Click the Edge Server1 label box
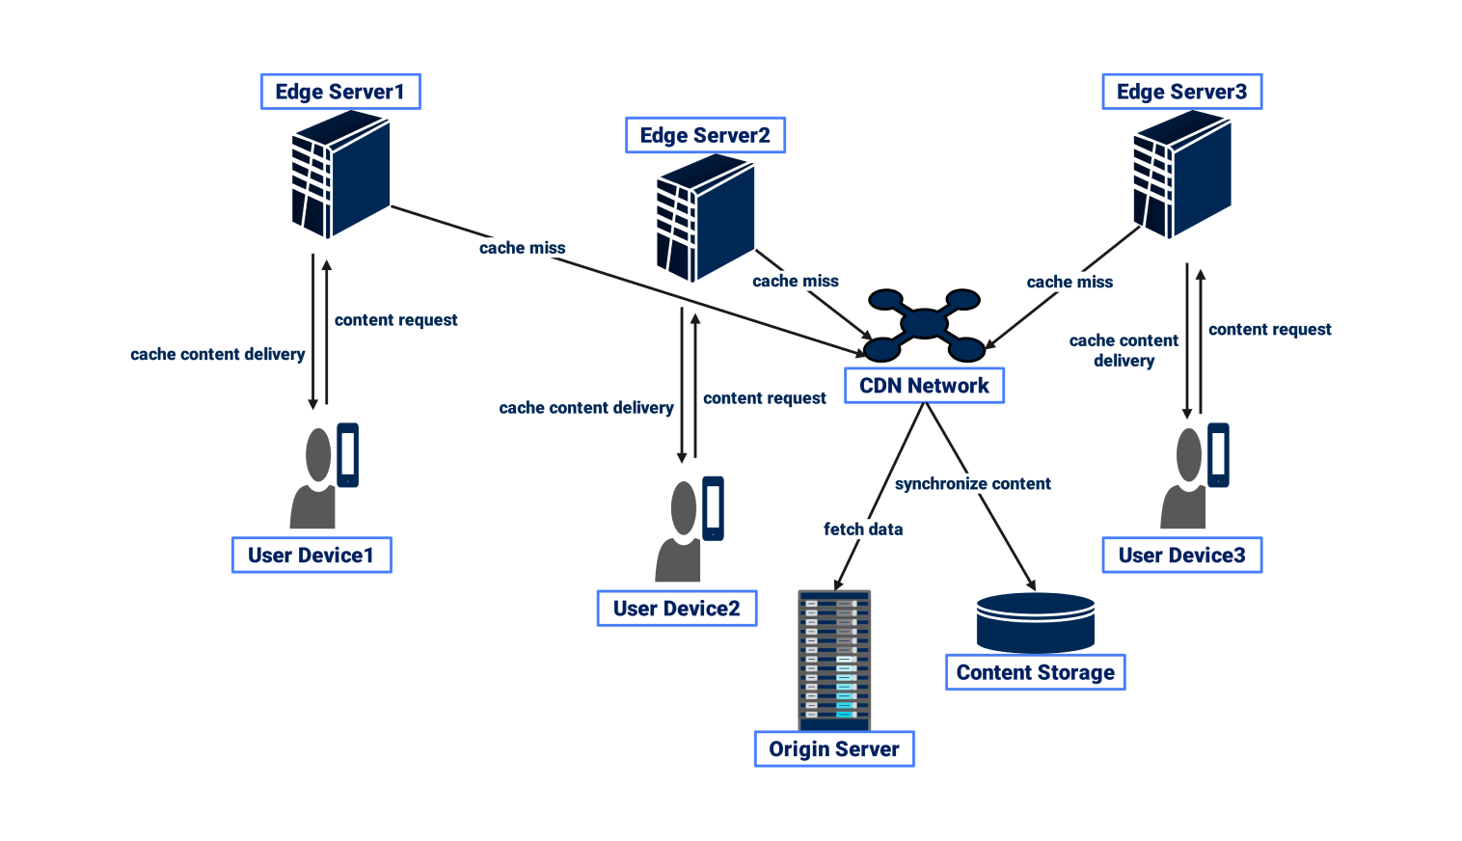[340, 92]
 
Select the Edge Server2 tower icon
[705, 218]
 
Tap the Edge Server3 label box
[1181, 92]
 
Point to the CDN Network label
[924, 386]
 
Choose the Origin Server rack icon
[834, 660]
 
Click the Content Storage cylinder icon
[1036, 623]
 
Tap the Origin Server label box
[834, 749]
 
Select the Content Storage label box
[1035, 672]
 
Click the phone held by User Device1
[347, 454]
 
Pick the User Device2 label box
[676, 609]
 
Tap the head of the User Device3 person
[1189, 454]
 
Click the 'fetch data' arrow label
[863, 529]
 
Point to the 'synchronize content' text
[972, 483]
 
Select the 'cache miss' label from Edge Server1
[522, 248]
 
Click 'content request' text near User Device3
[1269, 329]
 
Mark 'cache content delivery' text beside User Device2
[585, 408]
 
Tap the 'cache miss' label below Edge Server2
[795, 281]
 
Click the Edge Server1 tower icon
[340, 175]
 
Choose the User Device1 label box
[311, 556]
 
